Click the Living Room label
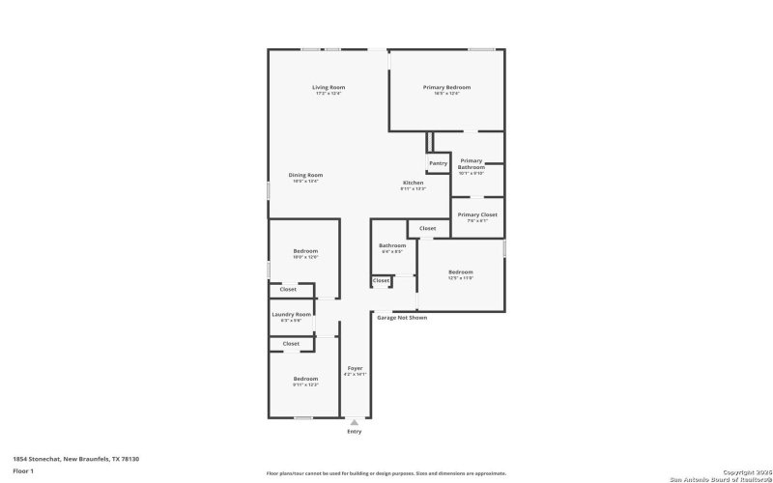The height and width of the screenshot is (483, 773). [x=329, y=88]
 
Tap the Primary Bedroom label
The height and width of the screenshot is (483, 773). [x=446, y=88]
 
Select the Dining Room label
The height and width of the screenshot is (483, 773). [x=305, y=176]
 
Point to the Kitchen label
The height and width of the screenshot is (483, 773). [x=413, y=184]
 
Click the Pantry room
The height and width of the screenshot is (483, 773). [x=438, y=162]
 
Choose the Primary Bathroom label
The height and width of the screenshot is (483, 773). [x=472, y=164]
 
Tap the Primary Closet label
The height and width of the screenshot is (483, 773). [x=477, y=215]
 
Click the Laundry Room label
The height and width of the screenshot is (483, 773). [x=291, y=314]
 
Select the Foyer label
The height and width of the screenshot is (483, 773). [x=355, y=368]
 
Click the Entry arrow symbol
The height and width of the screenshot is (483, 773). [x=355, y=422]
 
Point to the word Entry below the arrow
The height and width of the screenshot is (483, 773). [x=355, y=432]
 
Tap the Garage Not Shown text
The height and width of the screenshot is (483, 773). [x=402, y=317]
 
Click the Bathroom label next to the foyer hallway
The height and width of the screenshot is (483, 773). [x=392, y=246]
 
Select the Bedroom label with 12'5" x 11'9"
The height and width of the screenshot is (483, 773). [x=461, y=273]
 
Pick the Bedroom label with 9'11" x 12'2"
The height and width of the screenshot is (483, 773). [x=305, y=380]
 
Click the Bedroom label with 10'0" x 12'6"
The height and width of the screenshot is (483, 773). [x=305, y=253]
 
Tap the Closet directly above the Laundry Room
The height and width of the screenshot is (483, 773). [x=288, y=289]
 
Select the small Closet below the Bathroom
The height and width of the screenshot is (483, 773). [x=381, y=281]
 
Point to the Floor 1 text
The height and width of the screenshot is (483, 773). [x=24, y=470]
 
